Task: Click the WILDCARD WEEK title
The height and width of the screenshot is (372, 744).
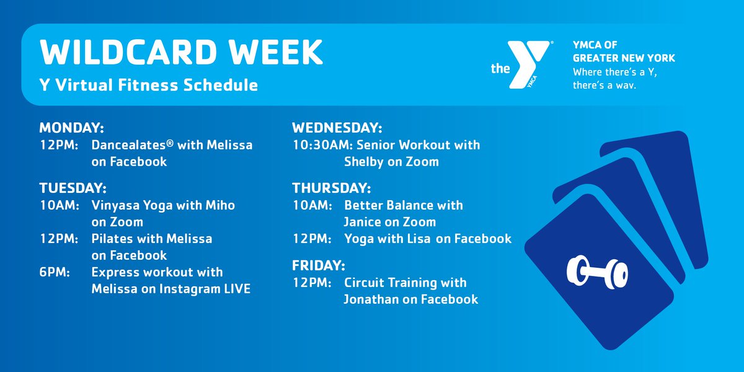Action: [181, 53]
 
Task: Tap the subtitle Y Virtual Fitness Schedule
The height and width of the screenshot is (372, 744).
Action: [149, 85]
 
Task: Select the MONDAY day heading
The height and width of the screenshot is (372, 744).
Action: [71, 128]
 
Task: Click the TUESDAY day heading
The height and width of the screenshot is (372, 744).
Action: [73, 187]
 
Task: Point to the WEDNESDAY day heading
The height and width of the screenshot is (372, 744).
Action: [337, 128]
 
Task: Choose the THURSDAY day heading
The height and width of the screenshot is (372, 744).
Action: [331, 187]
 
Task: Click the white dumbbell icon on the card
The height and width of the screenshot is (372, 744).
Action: [597, 272]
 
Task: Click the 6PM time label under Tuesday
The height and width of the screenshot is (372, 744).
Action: [54, 272]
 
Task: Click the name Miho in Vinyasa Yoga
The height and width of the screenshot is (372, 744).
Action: [222, 205]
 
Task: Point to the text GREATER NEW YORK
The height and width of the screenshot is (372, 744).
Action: [624, 58]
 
